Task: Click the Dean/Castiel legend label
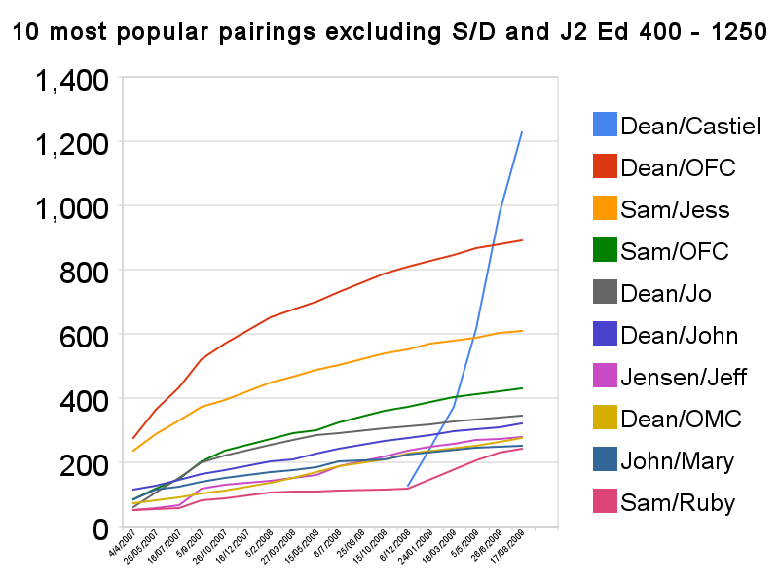click(690, 127)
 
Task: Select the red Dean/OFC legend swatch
click(604, 167)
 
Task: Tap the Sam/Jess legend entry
click(675, 210)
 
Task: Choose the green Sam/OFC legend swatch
click(604, 252)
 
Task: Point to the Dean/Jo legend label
click(668, 294)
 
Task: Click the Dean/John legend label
click(679, 336)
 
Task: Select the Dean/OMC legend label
click(681, 420)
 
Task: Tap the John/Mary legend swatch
click(604, 461)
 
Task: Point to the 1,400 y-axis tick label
click(72, 79)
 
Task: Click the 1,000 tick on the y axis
click(72, 206)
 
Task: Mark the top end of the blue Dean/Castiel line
click(523, 131)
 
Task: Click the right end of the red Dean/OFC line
click(523, 240)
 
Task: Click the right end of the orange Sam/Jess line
click(523, 331)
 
